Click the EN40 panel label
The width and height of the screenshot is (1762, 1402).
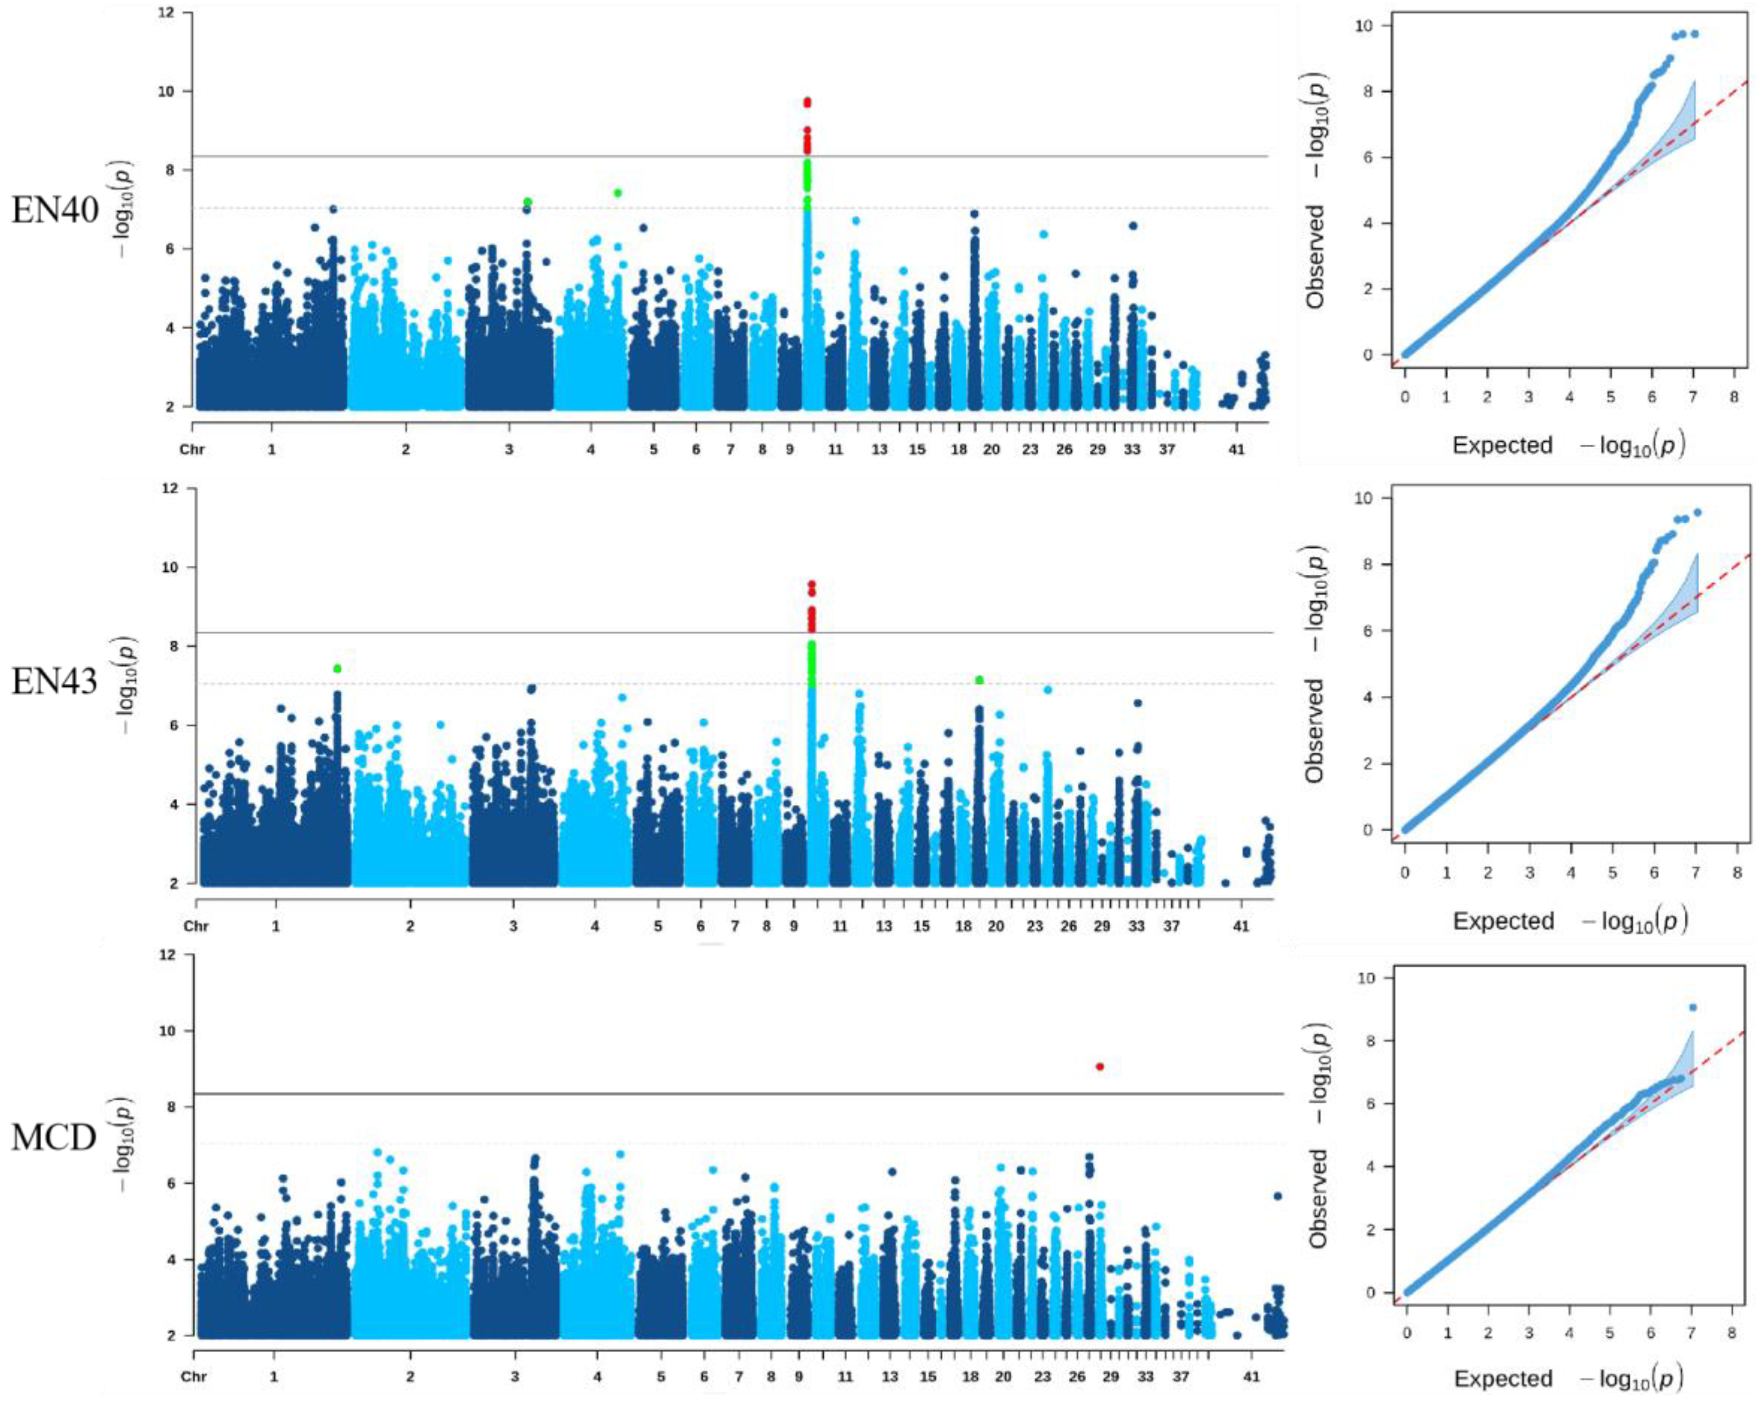[54, 211]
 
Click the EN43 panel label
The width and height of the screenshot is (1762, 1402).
[54, 681]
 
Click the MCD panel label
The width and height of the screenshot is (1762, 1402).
[54, 1137]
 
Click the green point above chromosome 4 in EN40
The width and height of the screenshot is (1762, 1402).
[618, 193]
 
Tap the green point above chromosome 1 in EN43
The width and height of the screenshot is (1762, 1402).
[337, 669]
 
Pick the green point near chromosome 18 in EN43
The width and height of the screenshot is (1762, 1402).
[979, 680]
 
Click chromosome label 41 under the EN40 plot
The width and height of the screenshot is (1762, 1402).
[1237, 450]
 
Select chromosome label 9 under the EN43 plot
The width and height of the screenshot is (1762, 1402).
[793, 926]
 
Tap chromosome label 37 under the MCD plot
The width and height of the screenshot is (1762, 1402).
[1180, 1377]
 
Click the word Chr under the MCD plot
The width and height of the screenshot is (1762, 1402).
[194, 1377]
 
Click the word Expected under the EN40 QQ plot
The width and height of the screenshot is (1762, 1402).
[1502, 446]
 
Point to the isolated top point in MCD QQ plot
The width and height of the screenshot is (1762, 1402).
[1693, 1007]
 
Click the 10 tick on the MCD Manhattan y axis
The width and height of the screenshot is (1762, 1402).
[167, 1031]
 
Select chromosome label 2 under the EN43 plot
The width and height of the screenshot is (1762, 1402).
[410, 926]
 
